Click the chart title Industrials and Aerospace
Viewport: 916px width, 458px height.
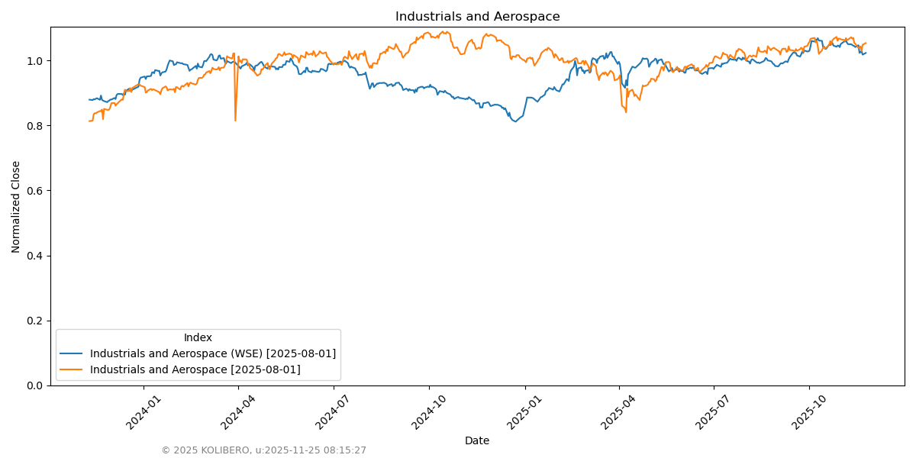(x=477, y=17)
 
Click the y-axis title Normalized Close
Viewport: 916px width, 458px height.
(x=16, y=206)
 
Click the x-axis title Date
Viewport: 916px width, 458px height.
(x=477, y=440)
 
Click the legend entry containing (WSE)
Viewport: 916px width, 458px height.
(x=212, y=353)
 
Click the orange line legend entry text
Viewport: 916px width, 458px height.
(x=195, y=369)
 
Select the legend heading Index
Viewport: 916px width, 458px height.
(x=198, y=337)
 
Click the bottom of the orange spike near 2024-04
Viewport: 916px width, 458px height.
(x=235, y=120)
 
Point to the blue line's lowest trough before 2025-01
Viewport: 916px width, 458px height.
(x=515, y=121)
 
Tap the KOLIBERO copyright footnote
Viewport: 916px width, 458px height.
(x=263, y=450)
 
